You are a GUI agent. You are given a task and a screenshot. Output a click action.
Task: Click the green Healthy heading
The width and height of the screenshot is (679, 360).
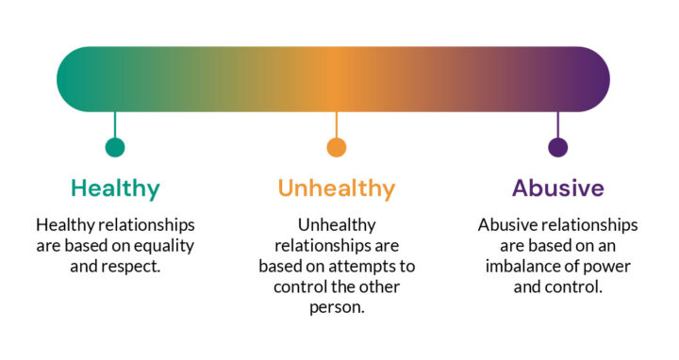click(x=115, y=188)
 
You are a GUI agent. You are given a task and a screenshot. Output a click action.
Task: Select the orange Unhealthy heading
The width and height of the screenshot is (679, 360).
click(x=336, y=188)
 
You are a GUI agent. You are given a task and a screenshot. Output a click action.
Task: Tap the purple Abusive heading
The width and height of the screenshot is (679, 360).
click(x=557, y=188)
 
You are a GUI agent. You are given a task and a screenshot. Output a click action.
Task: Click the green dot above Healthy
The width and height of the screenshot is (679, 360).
click(x=115, y=147)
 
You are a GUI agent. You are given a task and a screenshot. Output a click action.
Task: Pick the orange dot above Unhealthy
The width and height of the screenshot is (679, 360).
click(x=337, y=147)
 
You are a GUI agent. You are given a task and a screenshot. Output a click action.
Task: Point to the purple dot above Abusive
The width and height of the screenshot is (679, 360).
click(x=558, y=147)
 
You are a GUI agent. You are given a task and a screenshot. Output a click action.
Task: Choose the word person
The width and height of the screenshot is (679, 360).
click(x=337, y=307)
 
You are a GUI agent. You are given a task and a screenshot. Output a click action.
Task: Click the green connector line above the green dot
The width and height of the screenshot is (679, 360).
click(x=115, y=124)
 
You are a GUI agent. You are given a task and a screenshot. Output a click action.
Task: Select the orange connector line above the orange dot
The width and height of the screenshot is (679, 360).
click(x=337, y=124)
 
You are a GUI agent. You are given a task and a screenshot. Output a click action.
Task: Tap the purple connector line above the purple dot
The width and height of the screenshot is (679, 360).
click(x=558, y=124)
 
